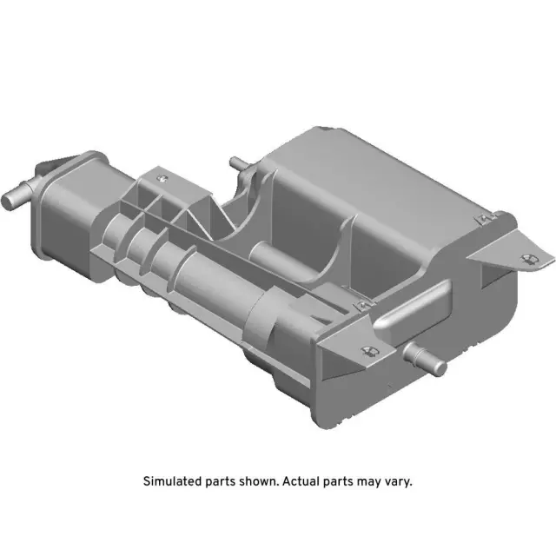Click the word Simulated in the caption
pos(170,480)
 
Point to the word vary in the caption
pos(397,480)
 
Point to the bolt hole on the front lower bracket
pos(367,351)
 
